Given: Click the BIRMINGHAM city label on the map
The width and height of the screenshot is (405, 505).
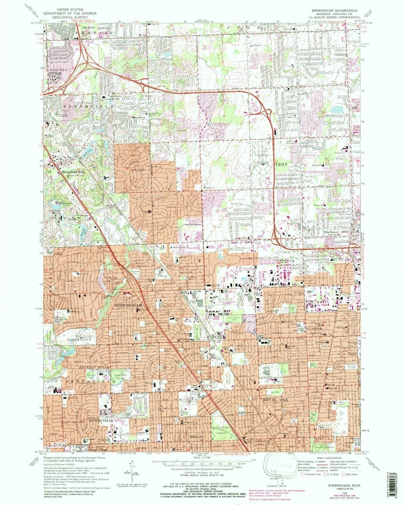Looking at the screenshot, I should point(128,305).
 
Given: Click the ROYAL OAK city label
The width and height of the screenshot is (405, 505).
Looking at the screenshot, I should point(276,400).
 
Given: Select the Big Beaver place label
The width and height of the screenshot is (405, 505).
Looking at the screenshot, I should point(332,232).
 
